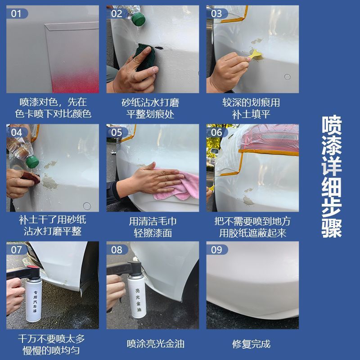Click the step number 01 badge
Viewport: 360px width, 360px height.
[x=17, y=13]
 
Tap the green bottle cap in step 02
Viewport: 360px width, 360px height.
[x=139, y=18]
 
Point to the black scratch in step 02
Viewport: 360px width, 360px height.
[x=159, y=48]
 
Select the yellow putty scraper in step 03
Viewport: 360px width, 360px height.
[x=255, y=55]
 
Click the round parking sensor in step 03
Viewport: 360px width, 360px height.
[x=287, y=76]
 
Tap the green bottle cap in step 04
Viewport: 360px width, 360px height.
[x=32, y=162]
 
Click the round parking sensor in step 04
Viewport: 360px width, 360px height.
[x=86, y=206]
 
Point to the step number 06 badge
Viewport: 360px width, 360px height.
[x=217, y=132]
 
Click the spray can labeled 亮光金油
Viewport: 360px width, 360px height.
[x=137, y=290]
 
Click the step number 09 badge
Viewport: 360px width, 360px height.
[x=217, y=250]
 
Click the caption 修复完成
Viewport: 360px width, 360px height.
[x=252, y=344]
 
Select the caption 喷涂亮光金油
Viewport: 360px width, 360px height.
[x=156, y=344]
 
